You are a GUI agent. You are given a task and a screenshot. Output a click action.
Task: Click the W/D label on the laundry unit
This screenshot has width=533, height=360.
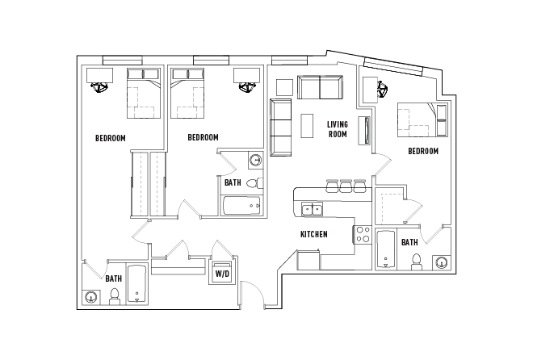[220, 273]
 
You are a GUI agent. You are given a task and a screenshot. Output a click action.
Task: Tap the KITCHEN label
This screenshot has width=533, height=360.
[313, 234]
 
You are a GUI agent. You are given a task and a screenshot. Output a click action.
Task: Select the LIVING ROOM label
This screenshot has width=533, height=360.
[337, 129]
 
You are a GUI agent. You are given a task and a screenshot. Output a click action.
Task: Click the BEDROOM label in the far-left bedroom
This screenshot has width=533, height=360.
[111, 138]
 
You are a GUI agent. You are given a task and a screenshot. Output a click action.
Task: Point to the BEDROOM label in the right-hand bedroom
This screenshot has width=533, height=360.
[422, 151]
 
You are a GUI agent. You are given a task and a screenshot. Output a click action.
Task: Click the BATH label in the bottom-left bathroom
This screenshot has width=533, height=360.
[114, 278]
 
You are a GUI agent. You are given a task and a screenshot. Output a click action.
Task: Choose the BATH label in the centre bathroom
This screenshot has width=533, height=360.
[233, 183]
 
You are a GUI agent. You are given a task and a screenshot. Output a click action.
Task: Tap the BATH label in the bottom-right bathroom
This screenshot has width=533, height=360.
[409, 242]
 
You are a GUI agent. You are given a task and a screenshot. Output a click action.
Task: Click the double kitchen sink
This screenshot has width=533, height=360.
[312, 211]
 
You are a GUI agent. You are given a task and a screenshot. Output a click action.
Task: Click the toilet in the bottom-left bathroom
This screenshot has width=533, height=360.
[114, 296]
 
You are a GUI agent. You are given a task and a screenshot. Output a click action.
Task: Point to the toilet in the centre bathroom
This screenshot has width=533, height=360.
[254, 182]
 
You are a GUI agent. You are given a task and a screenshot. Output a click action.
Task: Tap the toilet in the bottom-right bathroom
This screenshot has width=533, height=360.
[417, 262]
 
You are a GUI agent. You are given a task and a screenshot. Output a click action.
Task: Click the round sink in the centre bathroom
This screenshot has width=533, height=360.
[255, 160]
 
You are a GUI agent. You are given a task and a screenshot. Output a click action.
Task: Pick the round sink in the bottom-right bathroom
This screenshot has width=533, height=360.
[442, 262]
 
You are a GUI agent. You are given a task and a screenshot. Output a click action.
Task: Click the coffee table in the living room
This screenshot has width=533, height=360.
[307, 125]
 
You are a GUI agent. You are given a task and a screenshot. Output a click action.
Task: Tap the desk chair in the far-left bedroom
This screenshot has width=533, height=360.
[101, 87]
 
